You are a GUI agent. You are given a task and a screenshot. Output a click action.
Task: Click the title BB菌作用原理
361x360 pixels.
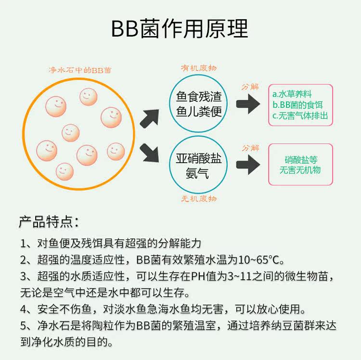tap(180, 29)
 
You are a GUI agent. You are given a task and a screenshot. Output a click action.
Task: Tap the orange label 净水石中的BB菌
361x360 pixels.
tap(80, 70)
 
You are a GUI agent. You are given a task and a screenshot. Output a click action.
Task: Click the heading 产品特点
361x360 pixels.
tap(48, 222)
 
